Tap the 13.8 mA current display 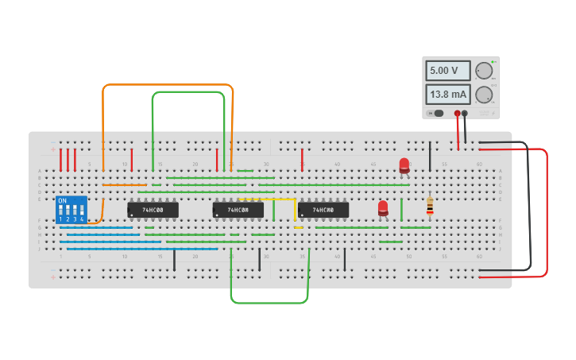point(447,95)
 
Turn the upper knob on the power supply point(483,71)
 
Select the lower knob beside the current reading point(483,95)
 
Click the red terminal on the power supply point(457,114)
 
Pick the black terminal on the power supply point(465,114)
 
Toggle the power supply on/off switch point(436,113)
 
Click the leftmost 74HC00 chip point(153,210)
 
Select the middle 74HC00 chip point(238,210)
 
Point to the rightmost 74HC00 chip point(323,210)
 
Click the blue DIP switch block point(72,210)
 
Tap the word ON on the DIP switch point(62,201)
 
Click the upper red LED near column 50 point(404,165)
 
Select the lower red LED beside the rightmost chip point(383,207)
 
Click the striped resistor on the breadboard point(430,206)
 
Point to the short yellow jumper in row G point(298,227)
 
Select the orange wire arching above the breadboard point(167,84)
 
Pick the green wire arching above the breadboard point(188,92)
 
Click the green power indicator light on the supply point(493,62)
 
